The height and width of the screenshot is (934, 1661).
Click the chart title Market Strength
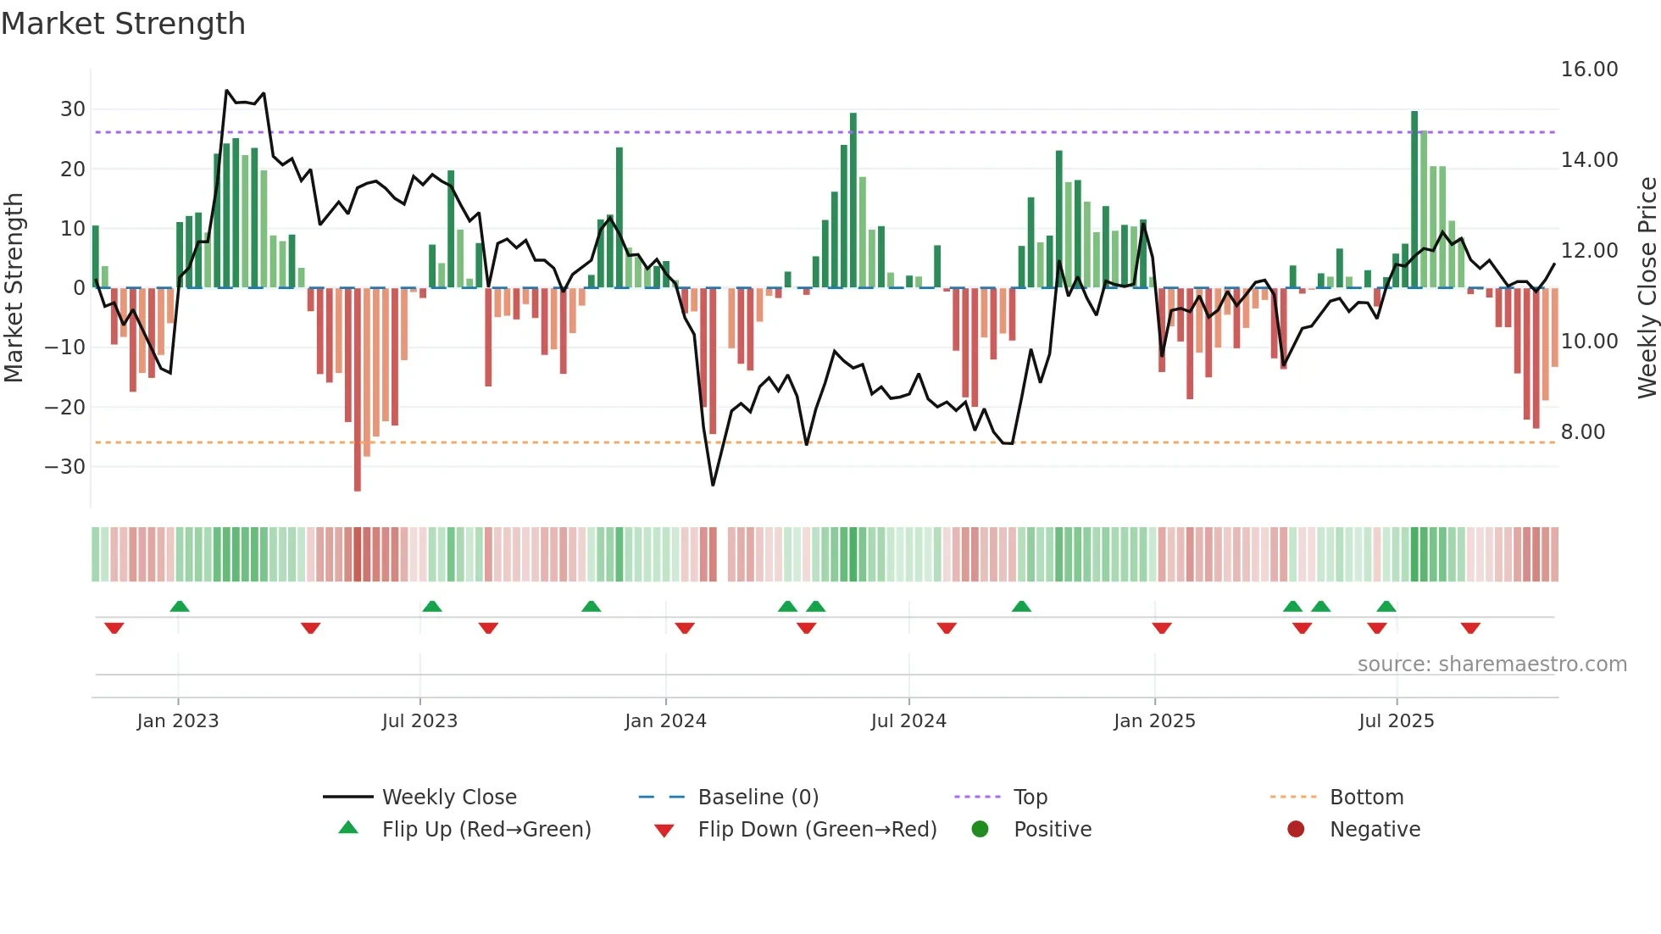click(x=123, y=24)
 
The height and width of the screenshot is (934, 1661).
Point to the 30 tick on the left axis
click(x=73, y=109)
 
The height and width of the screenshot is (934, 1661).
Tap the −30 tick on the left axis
click(x=65, y=467)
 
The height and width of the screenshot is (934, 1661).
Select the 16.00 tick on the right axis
click(x=1589, y=69)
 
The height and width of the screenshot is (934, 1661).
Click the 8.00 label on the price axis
click(x=1583, y=432)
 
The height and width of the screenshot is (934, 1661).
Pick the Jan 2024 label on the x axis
click(x=665, y=721)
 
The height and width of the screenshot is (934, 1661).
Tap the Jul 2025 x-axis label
click(x=1396, y=721)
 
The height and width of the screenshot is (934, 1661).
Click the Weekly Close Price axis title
click(x=1647, y=288)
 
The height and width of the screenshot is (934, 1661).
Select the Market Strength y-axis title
click(x=14, y=288)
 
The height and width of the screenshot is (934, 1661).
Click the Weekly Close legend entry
click(x=448, y=798)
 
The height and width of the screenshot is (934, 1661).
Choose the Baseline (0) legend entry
click(x=758, y=798)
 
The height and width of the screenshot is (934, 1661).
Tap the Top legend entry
click(x=1030, y=798)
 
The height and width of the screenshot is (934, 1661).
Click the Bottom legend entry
click(x=1366, y=798)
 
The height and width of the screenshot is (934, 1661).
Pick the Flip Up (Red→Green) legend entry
click(x=486, y=830)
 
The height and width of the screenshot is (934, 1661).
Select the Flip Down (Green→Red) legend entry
click(x=817, y=830)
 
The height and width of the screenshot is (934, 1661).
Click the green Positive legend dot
click(x=980, y=830)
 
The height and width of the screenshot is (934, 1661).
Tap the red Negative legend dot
click(x=1296, y=830)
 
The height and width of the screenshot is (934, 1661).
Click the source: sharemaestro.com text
click(x=1492, y=664)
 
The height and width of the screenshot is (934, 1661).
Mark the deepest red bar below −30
click(x=358, y=390)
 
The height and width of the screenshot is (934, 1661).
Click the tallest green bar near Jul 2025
click(x=1414, y=199)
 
